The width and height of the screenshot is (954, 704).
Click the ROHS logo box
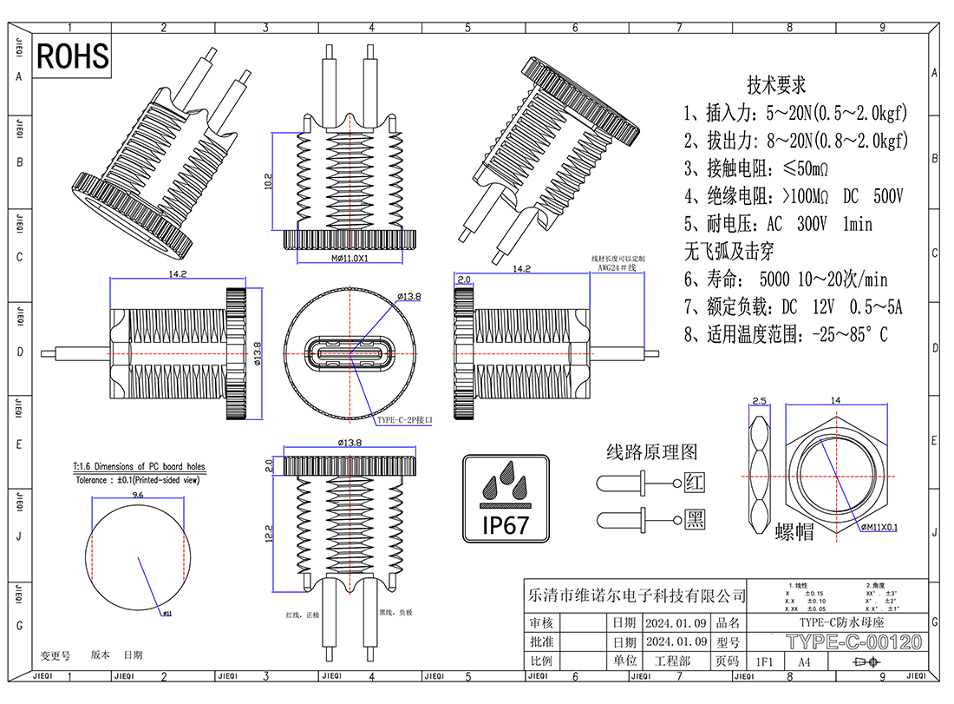(73, 56)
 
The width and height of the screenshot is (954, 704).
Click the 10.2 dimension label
(269, 181)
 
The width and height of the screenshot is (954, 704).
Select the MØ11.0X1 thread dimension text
(350, 259)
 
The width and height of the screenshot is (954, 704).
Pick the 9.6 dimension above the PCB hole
(137, 494)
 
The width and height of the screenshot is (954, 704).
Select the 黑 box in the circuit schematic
(695, 519)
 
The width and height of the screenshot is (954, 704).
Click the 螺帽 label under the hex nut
(794, 531)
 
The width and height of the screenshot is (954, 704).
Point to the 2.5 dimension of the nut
(759, 401)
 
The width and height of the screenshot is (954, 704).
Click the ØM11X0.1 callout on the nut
(879, 526)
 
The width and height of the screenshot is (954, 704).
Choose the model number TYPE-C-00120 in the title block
(853, 642)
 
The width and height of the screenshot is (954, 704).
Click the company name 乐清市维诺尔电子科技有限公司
(637, 596)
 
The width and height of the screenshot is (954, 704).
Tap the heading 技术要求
(776, 85)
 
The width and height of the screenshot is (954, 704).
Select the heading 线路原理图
(651, 451)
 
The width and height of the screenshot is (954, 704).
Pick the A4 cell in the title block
(804, 661)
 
